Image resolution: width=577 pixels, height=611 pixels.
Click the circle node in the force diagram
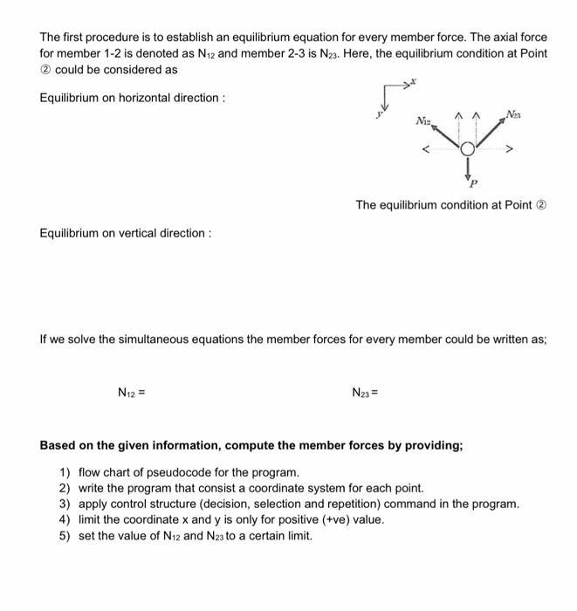(468, 149)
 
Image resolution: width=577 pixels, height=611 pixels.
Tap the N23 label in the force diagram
(514, 113)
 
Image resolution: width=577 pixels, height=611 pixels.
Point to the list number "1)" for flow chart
(65, 472)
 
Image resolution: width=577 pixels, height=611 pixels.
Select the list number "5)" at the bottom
(65, 535)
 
